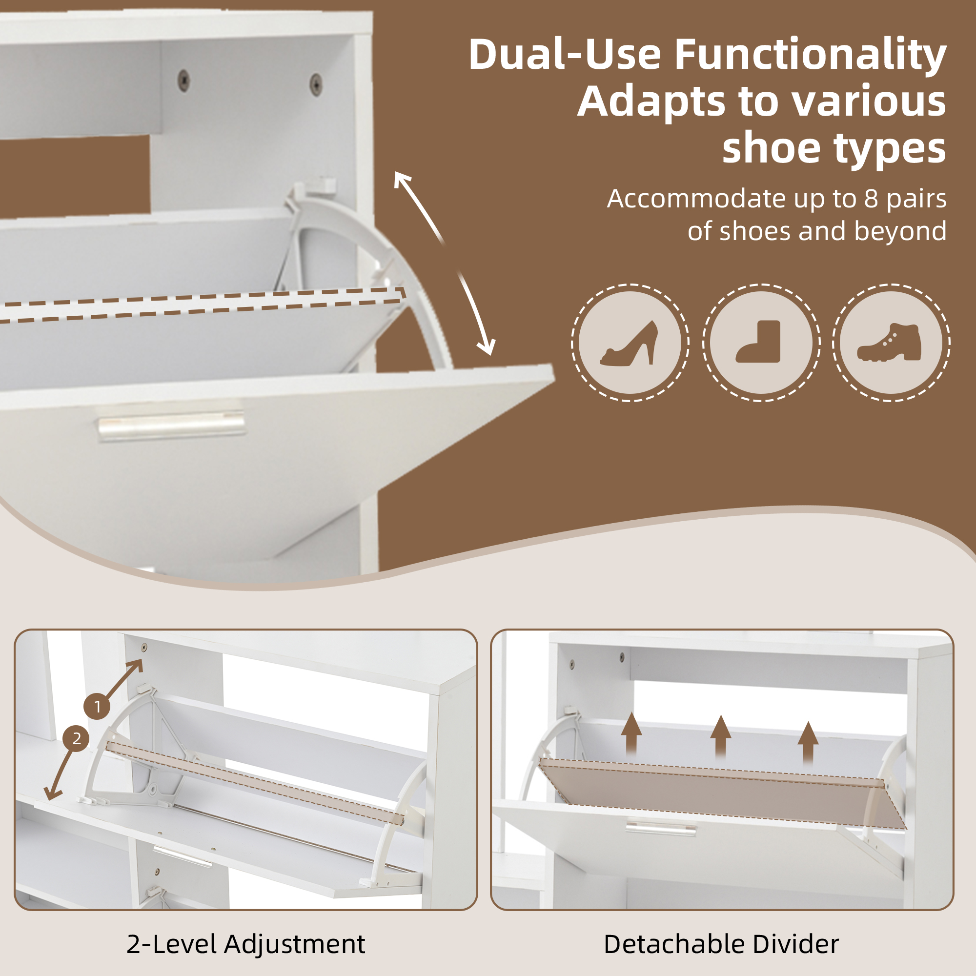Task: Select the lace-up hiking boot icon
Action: point(889,342)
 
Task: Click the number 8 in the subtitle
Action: point(872,199)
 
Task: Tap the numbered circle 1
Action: point(98,707)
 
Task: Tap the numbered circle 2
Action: point(76,738)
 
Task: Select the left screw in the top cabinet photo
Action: point(184,78)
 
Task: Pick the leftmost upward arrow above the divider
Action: point(631,735)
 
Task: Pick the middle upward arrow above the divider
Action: point(721,738)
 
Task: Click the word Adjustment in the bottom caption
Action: point(295,944)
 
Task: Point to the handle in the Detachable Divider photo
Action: point(661,827)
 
